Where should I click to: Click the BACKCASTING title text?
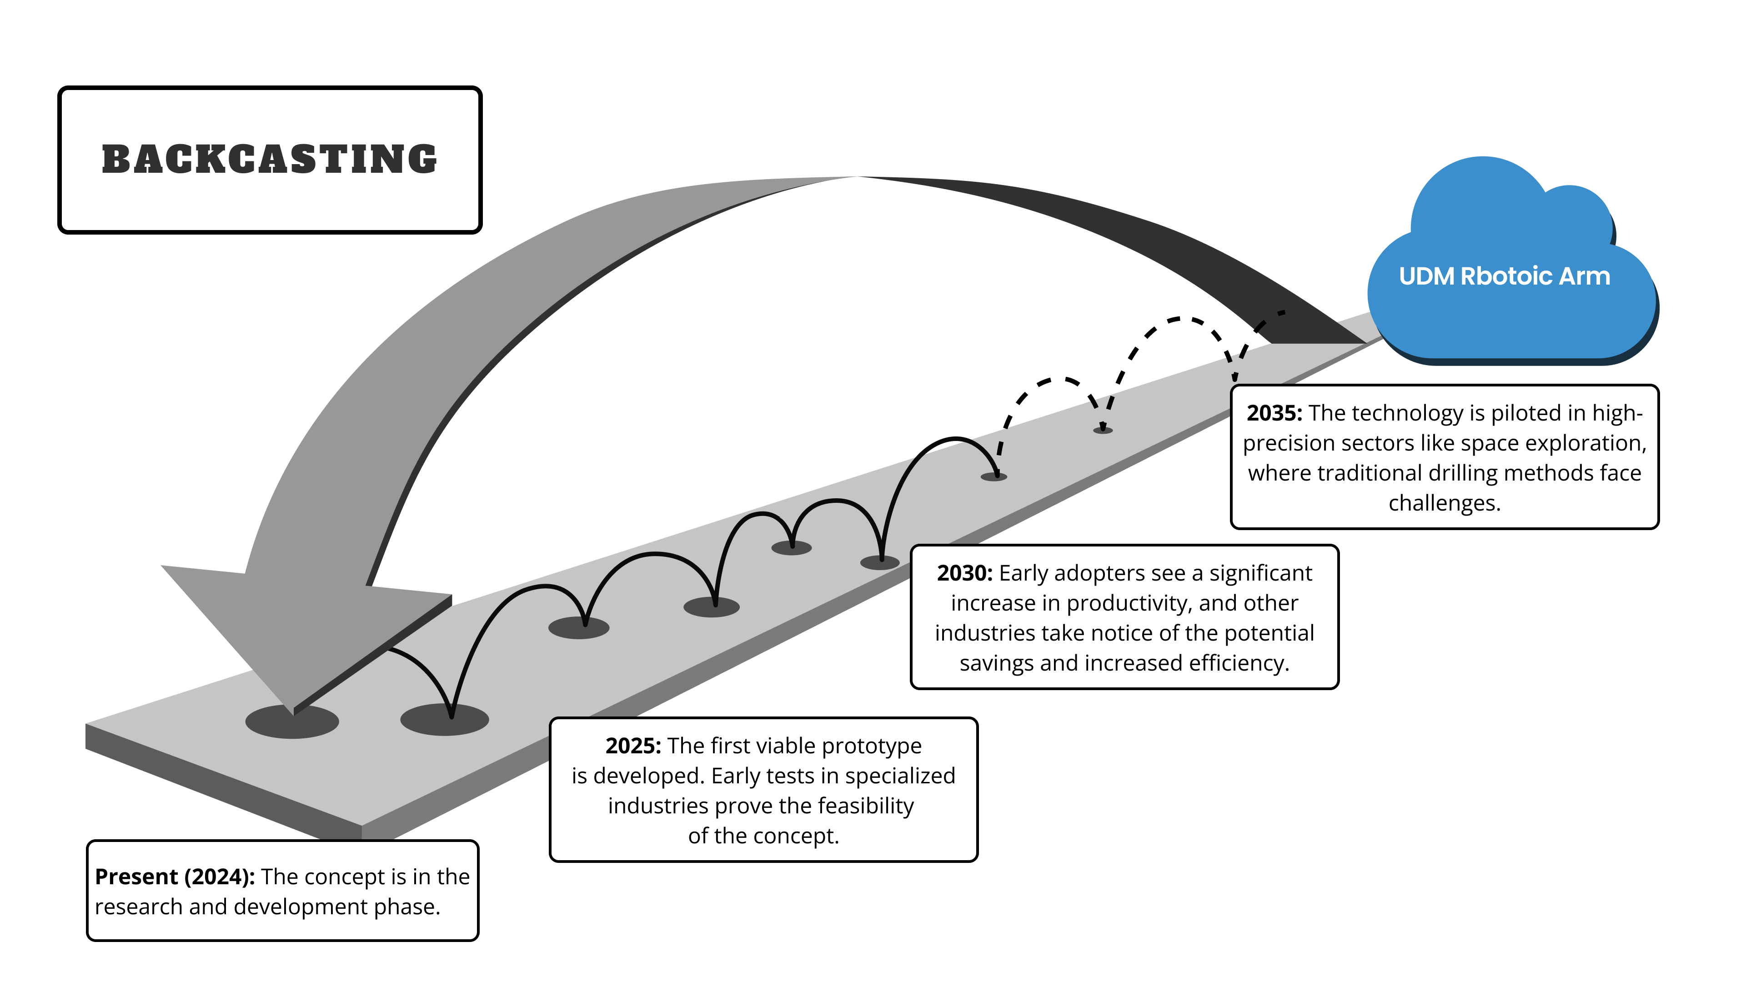click(x=270, y=160)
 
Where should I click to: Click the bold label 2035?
click(x=1274, y=413)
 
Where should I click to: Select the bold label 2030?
click(x=964, y=573)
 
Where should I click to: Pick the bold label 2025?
click(x=632, y=746)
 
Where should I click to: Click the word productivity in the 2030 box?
click(x=1120, y=603)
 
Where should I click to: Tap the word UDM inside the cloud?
click(x=1426, y=276)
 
